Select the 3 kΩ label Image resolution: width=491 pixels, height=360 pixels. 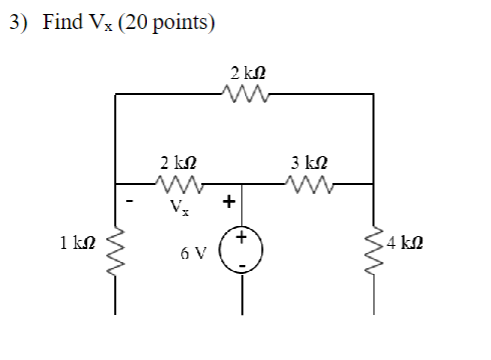[309, 161]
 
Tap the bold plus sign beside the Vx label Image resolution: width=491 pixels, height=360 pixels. [228, 202]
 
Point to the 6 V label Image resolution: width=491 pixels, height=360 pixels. [194, 252]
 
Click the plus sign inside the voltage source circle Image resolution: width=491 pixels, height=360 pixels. [244, 238]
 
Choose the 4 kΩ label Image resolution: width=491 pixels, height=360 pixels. [407, 241]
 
